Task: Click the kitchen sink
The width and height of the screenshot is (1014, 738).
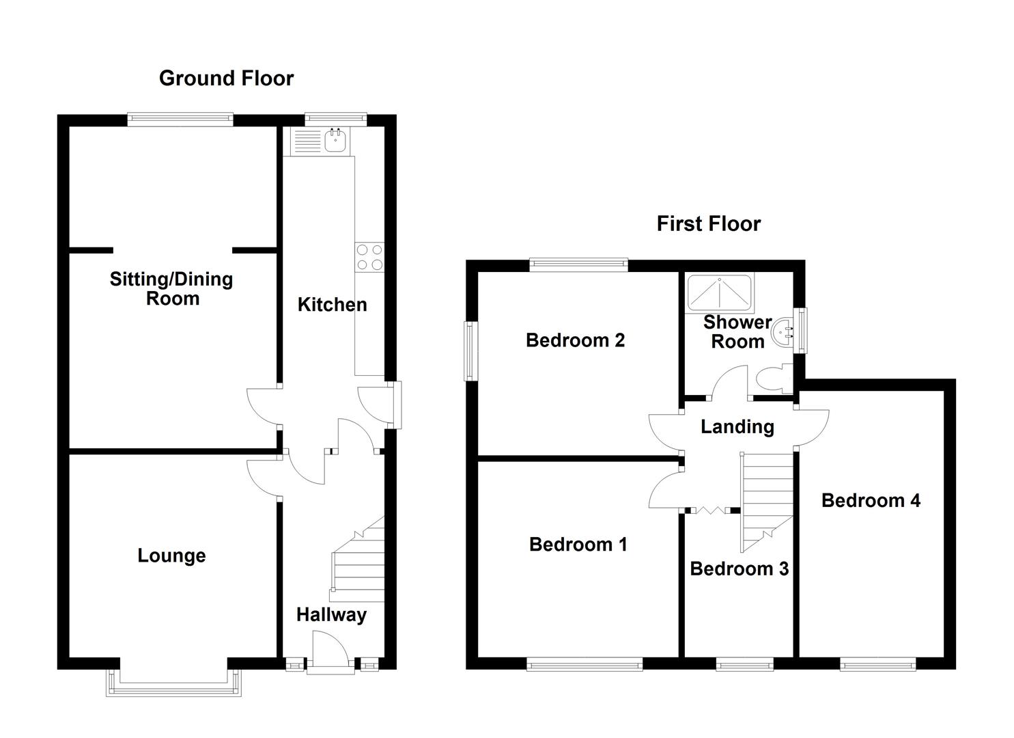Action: [335, 141]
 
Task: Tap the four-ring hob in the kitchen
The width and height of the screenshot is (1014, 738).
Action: [369, 257]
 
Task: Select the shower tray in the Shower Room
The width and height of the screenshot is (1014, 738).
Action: [719, 292]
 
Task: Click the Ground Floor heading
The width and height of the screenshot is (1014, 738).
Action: [226, 79]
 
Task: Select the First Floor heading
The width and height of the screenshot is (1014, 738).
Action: [708, 224]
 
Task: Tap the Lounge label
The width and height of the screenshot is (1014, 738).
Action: [171, 556]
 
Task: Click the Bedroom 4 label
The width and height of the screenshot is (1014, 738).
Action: [870, 501]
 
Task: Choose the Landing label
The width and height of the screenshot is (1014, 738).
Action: [737, 427]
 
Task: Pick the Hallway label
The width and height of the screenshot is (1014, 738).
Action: [331, 615]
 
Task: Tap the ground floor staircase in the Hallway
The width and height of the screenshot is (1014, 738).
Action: [359, 560]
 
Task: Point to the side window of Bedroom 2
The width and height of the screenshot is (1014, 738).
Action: [470, 351]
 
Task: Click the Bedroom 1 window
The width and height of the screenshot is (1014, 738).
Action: [585, 663]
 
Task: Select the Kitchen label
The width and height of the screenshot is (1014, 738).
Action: [332, 305]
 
